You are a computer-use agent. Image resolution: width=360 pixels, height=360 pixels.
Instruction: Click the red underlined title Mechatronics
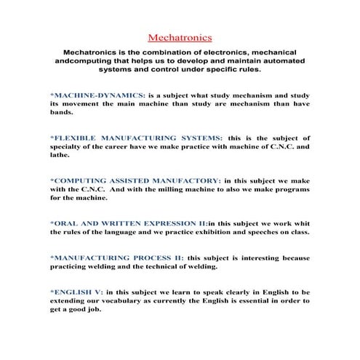(x=180, y=36)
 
